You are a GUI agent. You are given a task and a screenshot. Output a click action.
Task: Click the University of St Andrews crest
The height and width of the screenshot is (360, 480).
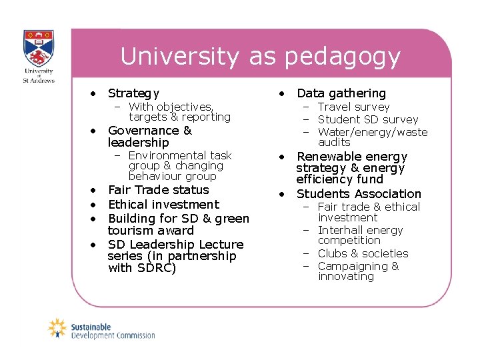(39, 48)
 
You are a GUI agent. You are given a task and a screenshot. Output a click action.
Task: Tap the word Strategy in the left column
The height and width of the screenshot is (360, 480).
(133, 93)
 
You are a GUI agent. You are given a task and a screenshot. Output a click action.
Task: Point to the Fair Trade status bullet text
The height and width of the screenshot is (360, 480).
(158, 190)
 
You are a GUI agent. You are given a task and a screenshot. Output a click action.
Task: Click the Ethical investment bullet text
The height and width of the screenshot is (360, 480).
(163, 205)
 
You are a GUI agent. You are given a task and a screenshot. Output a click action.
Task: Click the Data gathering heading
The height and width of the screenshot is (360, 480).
(341, 93)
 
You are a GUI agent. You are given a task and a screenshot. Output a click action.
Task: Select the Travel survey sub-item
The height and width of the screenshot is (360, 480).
(353, 107)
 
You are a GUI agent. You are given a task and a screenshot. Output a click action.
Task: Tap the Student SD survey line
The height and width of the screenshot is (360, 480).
(368, 119)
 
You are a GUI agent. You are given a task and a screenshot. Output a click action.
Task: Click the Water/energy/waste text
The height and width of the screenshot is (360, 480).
(373, 132)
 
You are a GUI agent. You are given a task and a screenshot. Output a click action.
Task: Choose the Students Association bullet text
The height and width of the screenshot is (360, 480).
(359, 194)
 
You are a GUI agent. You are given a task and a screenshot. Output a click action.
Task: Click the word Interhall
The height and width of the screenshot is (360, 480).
(341, 230)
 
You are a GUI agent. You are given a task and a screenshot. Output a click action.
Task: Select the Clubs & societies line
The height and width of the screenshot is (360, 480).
(363, 253)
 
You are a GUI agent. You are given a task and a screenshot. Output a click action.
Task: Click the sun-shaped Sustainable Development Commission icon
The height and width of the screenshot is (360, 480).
(58, 328)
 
